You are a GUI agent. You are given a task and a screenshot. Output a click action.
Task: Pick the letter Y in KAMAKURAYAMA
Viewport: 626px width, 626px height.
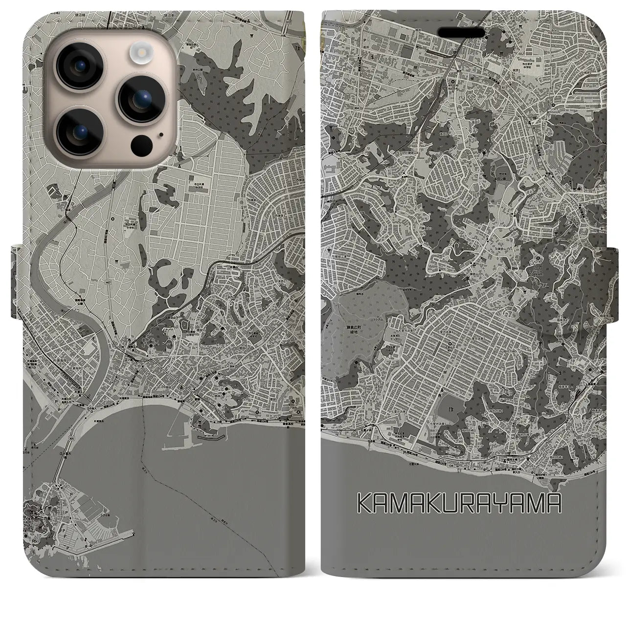pos(512,503)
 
